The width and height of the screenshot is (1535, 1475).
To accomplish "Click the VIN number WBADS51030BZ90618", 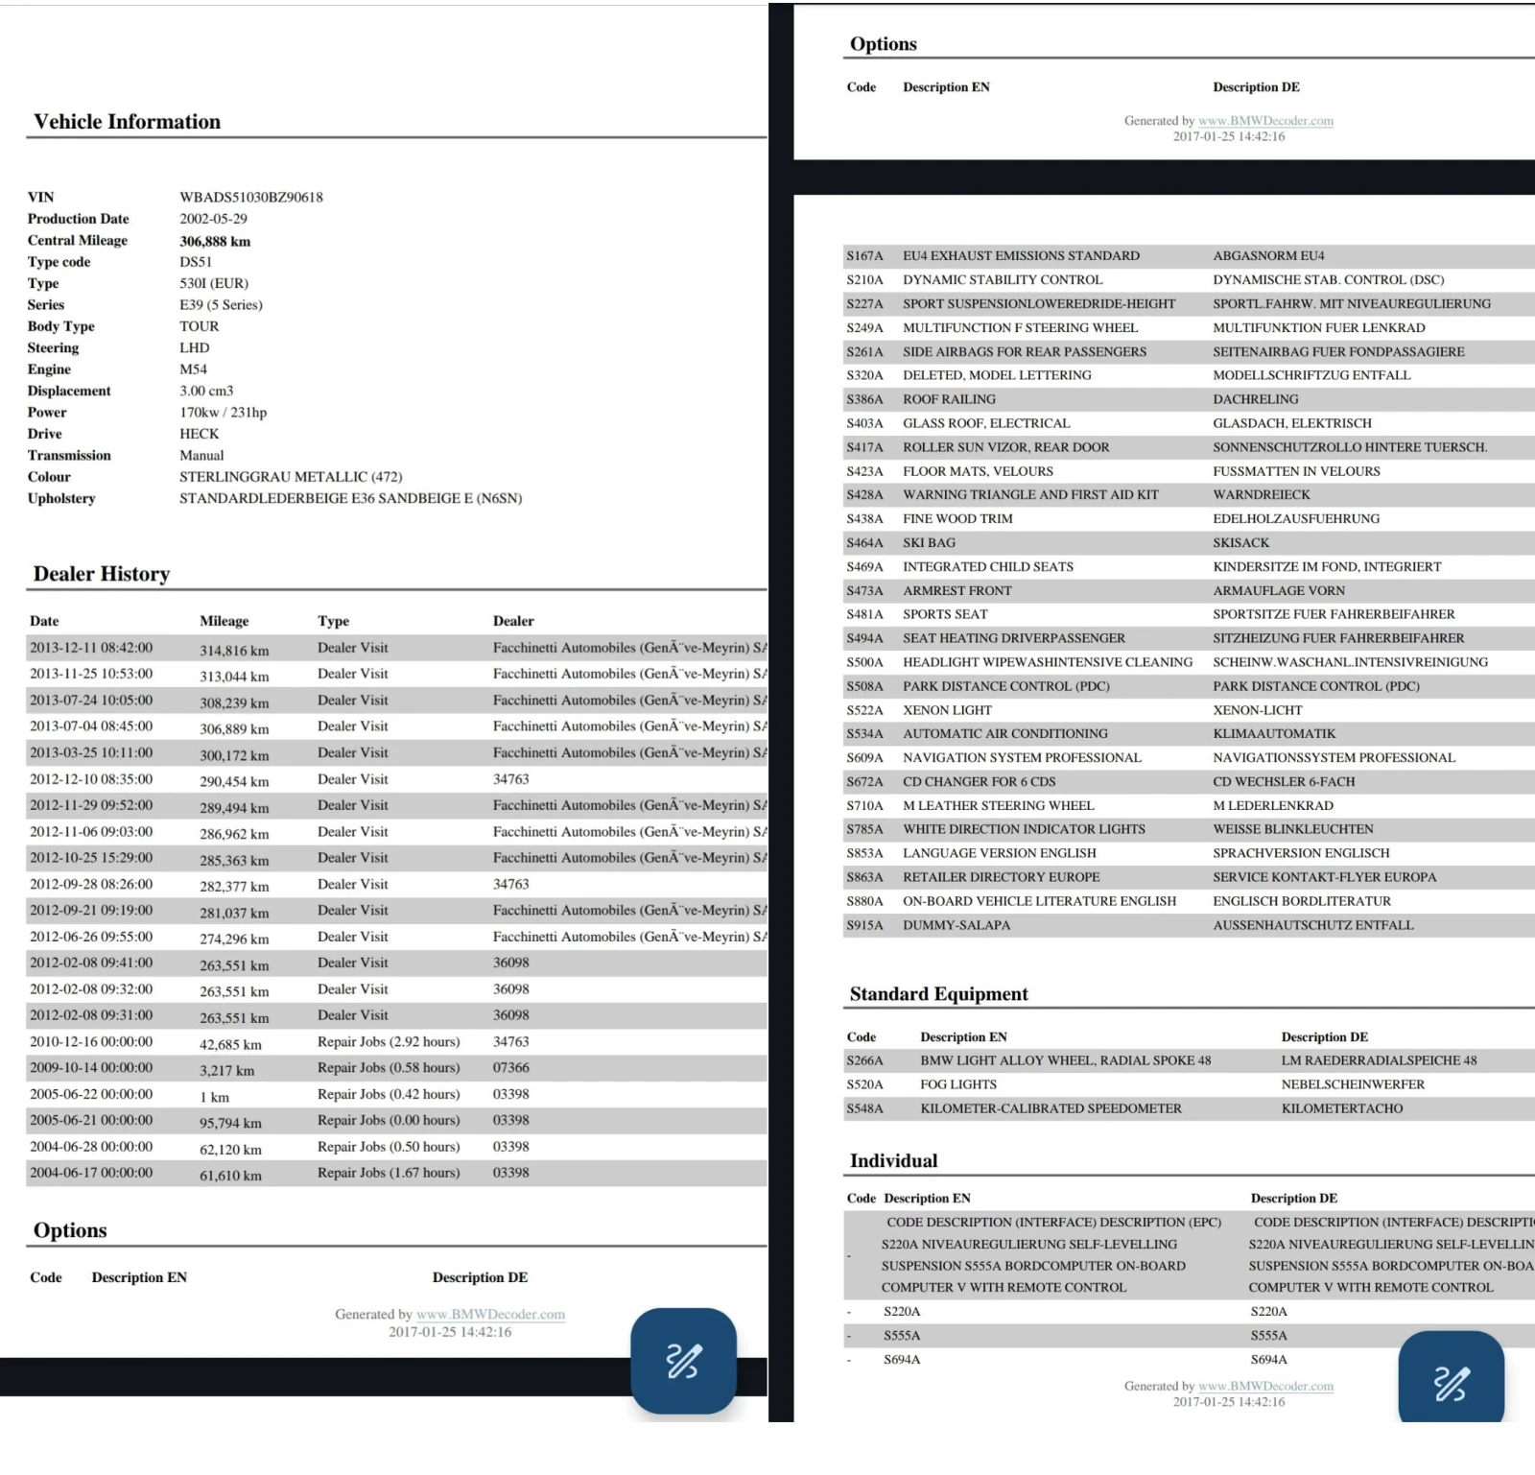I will (x=251, y=197).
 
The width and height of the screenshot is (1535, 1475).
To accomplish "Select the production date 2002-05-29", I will (x=213, y=219).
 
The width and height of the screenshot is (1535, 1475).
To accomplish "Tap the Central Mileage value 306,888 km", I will (x=215, y=241).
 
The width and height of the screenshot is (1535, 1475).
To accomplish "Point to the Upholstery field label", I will (x=61, y=498).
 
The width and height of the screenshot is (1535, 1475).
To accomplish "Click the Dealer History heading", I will (x=102, y=574).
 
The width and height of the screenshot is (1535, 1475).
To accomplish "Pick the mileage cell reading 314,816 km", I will (x=234, y=650).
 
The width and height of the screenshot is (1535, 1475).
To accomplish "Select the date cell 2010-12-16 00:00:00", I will (x=91, y=1041).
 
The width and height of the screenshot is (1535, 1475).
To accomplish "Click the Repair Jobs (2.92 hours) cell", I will (x=389, y=1041).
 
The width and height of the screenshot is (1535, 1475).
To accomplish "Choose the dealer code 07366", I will (x=511, y=1067).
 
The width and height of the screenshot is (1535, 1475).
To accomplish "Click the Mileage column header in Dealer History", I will (x=224, y=621).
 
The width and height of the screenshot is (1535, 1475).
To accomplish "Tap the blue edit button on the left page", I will (x=683, y=1360).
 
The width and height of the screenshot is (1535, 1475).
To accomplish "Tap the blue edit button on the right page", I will (x=1451, y=1381).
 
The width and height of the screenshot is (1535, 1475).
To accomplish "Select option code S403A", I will (x=864, y=423).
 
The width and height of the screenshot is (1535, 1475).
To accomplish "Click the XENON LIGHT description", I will (x=947, y=710).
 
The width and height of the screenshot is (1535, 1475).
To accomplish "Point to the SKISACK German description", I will (x=1240, y=542).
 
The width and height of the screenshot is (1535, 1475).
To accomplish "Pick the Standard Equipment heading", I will (x=938, y=994).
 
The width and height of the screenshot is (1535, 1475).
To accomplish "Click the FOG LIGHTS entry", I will (x=958, y=1084).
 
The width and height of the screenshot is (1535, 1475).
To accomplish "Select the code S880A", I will (x=864, y=901).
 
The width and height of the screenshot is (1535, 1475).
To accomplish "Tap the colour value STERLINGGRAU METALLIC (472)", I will (x=291, y=477).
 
